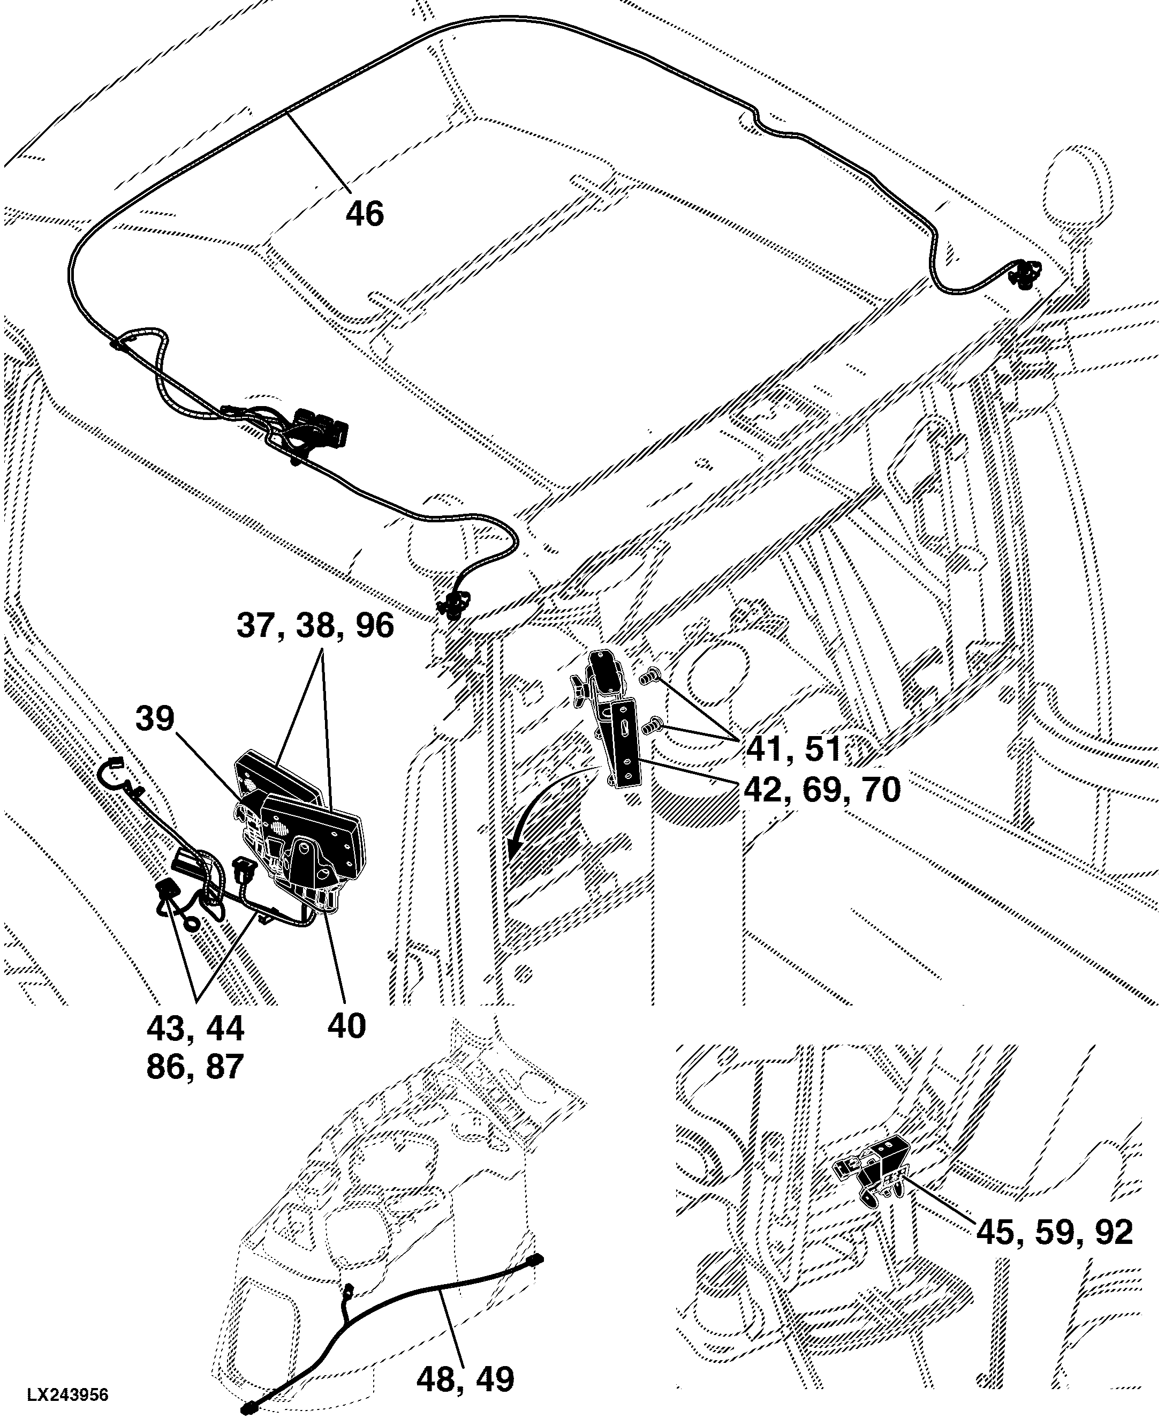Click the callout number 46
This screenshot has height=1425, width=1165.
[x=365, y=214]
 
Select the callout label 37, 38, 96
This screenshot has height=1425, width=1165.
[x=315, y=625]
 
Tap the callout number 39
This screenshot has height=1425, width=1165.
[x=155, y=718]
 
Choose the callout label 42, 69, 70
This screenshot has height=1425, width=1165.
[x=821, y=790]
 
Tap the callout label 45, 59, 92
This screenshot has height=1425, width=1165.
[x=1054, y=1232]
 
